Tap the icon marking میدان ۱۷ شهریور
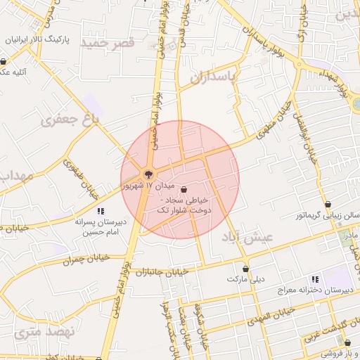(x=148, y=174)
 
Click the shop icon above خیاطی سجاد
(x=184, y=189)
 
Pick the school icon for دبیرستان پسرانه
(x=101, y=210)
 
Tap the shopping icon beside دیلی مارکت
(x=245, y=268)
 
